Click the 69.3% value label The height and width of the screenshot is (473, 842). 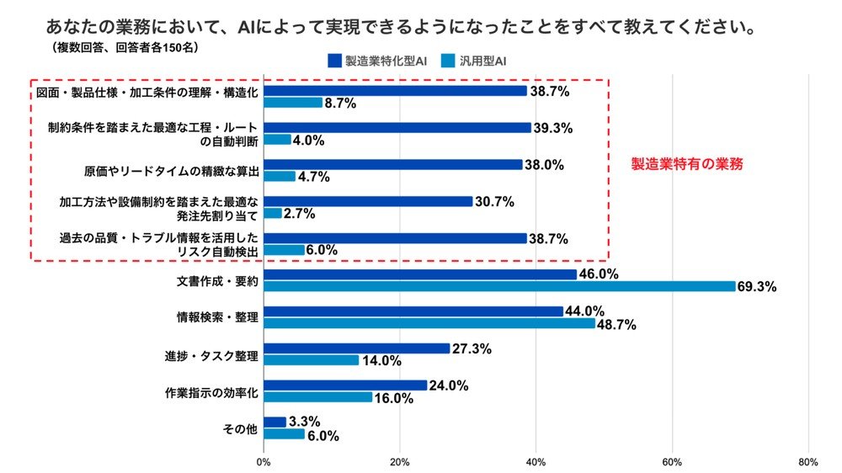757,287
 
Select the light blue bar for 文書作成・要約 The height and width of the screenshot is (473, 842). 499,286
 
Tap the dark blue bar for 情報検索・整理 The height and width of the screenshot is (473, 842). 413,311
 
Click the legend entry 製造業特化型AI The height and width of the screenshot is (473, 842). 379,61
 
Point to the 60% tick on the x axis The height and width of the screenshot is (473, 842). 672,461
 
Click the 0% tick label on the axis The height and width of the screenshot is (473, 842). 264,461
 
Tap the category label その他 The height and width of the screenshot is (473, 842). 240,428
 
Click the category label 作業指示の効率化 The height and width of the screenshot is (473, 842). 210,391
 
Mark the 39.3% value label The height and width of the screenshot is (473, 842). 552,127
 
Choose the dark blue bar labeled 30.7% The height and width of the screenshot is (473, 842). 368,201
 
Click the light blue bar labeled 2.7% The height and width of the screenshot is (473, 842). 272,213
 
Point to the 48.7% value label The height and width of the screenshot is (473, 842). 616,324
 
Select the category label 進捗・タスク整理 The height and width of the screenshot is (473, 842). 211,354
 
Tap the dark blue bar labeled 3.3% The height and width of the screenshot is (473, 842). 274,422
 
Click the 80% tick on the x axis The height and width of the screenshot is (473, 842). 807,461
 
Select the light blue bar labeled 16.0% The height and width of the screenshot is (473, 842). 317,397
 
